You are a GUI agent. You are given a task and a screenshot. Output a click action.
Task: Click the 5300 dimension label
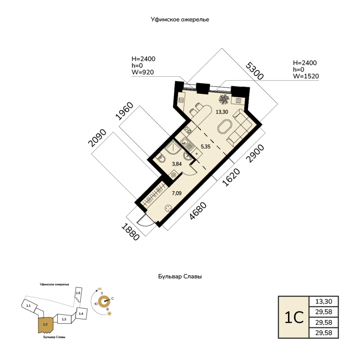[x=254, y=71]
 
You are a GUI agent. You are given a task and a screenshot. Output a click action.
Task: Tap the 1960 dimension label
[x=124, y=111]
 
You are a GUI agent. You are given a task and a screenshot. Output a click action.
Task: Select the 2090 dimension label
[x=97, y=138]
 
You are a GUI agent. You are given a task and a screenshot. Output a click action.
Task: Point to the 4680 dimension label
[x=198, y=210]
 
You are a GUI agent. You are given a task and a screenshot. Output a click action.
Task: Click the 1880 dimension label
[x=130, y=232]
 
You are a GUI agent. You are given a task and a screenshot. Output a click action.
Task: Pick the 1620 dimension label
[x=231, y=177]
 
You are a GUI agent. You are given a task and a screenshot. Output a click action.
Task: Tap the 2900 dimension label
[x=255, y=153]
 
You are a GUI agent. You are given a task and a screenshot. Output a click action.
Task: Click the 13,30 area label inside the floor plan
[x=222, y=112]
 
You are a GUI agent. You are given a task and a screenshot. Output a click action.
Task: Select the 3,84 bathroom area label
[x=177, y=164]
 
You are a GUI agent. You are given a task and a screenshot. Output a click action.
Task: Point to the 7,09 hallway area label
[x=177, y=193]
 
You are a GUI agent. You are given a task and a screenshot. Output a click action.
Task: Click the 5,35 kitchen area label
[x=206, y=146]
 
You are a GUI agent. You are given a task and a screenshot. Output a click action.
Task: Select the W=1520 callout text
[x=306, y=76]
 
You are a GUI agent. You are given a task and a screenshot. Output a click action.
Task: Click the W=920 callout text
[x=142, y=72]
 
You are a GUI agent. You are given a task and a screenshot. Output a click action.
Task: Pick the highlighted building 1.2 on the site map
[x=46, y=325]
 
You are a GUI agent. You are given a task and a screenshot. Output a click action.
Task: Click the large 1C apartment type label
[x=294, y=318]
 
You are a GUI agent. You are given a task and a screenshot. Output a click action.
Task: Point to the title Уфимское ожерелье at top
[x=180, y=20]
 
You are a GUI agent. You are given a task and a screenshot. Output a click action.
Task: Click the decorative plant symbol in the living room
[x=224, y=100]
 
